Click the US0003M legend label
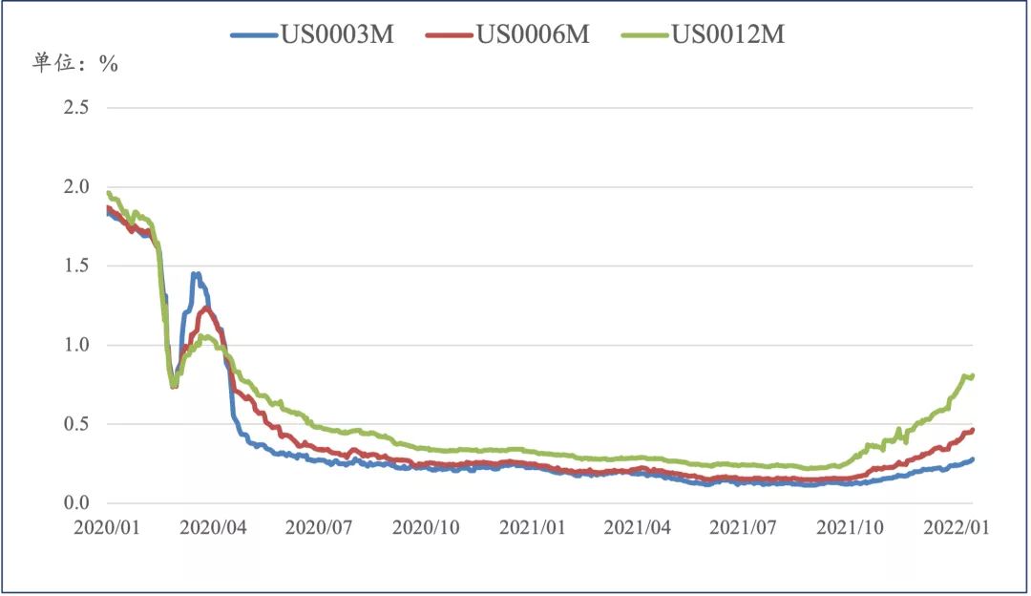(336, 34)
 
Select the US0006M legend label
(533, 34)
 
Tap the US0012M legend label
(728, 34)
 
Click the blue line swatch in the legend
(254, 35)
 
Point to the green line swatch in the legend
(645, 35)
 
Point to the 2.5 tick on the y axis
(75, 107)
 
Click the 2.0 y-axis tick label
(75, 186)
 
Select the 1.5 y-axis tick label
(75, 266)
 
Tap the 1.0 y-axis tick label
(75, 345)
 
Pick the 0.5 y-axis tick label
(75, 424)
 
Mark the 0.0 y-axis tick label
(75, 503)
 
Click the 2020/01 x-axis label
(107, 527)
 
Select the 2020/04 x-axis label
(213, 527)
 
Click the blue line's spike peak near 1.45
(196, 274)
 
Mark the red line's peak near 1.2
(206, 308)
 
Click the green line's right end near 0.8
(971, 375)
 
